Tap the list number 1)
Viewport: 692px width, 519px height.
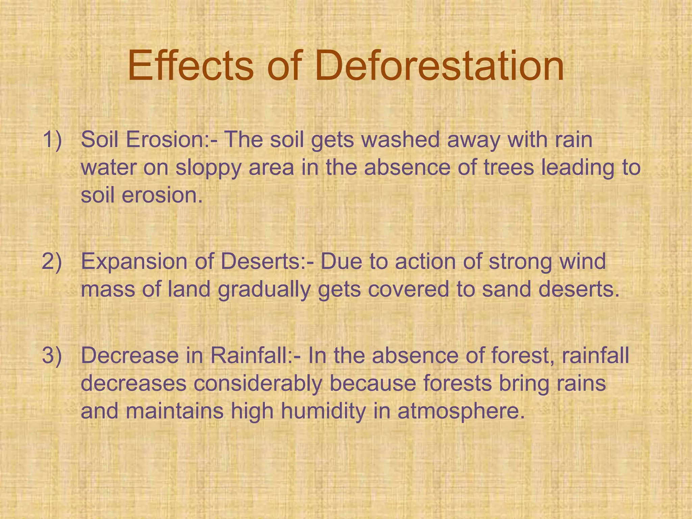tap(52, 140)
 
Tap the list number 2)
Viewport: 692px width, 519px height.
tap(52, 261)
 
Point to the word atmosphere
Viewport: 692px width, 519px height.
tap(461, 411)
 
